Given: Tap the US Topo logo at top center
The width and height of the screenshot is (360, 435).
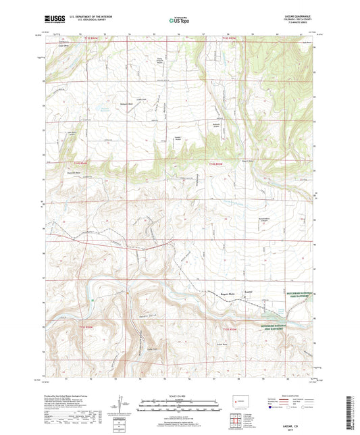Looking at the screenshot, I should [178, 21].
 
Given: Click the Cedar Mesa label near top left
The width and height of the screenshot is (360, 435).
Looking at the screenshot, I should [63, 47].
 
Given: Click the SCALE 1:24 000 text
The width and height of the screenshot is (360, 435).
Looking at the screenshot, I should [179, 396].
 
